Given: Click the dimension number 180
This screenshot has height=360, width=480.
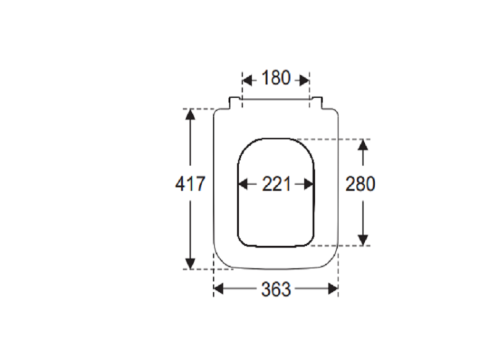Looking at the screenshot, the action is [x=275, y=77].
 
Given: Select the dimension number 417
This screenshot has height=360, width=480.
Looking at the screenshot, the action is [x=190, y=184].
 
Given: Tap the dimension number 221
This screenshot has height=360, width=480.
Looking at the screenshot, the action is [x=276, y=184].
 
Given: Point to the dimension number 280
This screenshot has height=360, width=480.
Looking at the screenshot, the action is [x=360, y=184].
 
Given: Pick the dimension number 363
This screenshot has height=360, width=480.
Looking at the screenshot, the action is [x=275, y=289].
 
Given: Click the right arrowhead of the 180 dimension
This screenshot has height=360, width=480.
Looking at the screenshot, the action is [x=304, y=81].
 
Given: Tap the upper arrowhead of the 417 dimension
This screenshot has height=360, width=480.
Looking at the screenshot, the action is [x=191, y=114].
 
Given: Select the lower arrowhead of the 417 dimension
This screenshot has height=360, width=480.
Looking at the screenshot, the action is [x=191, y=263].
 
